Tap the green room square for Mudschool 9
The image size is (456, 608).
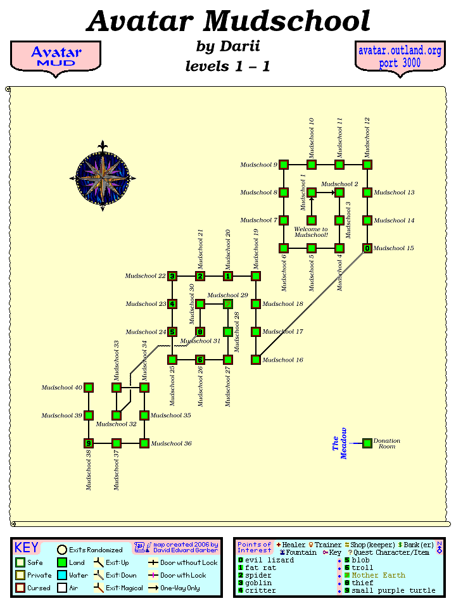click(x=284, y=165)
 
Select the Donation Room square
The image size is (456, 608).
click(x=367, y=443)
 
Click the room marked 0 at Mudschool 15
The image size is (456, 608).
click(x=367, y=248)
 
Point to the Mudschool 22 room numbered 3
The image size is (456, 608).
click(x=172, y=276)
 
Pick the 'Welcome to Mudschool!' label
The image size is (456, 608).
click(x=311, y=232)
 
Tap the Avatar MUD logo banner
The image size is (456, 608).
click(x=56, y=57)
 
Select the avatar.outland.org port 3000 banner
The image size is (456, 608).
click(x=400, y=57)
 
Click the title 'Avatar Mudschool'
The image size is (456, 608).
click(x=228, y=22)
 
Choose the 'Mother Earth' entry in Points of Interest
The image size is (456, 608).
click(x=378, y=575)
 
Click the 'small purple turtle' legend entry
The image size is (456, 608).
click(x=393, y=590)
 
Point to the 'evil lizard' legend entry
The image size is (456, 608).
click(x=269, y=560)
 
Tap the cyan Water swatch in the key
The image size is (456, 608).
click(x=62, y=575)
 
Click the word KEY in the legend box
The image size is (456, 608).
click(x=27, y=548)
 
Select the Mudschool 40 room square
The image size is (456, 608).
click(x=89, y=388)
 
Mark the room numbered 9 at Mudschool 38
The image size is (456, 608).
click(x=89, y=443)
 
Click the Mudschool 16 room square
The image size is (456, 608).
click(x=256, y=360)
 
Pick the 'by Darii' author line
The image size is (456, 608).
click(x=228, y=46)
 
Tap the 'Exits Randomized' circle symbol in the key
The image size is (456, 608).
click(x=62, y=550)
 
